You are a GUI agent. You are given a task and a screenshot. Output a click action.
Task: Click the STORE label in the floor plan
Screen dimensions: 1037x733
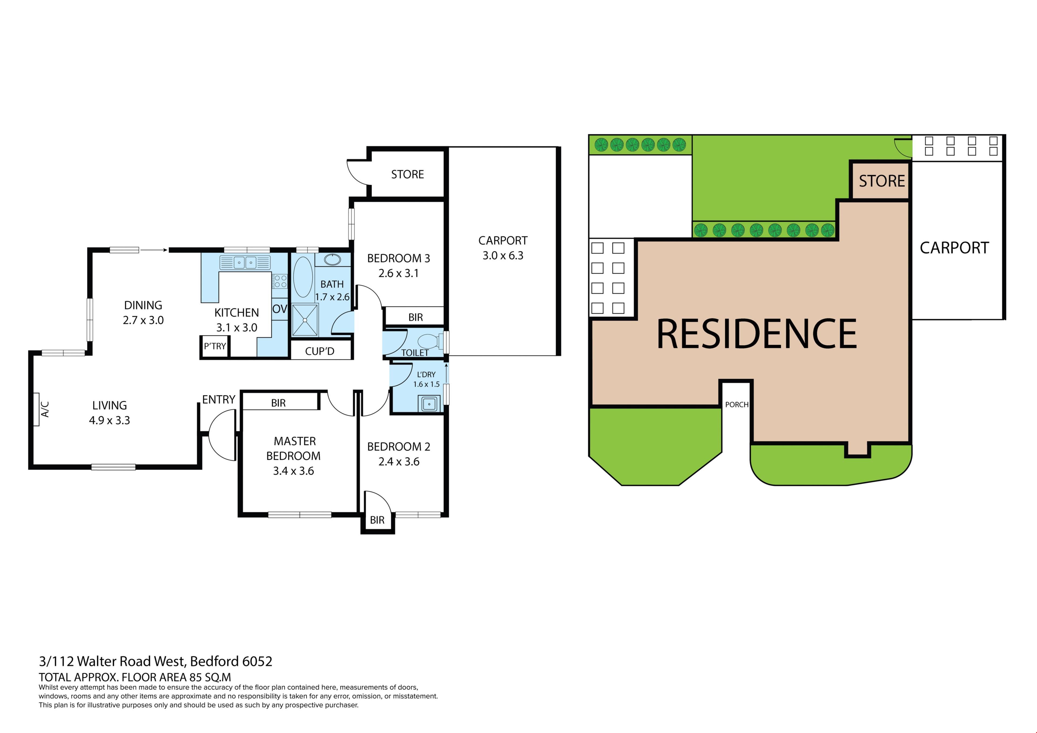(408, 174)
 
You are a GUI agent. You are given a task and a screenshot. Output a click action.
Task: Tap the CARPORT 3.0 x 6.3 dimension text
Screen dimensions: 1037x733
(503, 255)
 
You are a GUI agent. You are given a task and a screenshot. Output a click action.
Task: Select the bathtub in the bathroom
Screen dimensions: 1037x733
(303, 277)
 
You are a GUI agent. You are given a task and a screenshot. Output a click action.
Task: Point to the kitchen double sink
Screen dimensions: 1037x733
(245, 263)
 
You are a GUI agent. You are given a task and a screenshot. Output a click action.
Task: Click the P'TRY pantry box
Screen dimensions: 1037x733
(214, 347)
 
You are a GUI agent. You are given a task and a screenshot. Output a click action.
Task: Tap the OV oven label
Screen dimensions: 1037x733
(280, 309)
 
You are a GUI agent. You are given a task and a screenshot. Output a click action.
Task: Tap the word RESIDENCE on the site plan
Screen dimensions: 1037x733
(756, 334)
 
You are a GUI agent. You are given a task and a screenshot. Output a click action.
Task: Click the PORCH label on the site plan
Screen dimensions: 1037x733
(737, 405)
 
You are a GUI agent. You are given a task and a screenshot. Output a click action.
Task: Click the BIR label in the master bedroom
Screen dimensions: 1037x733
(278, 403)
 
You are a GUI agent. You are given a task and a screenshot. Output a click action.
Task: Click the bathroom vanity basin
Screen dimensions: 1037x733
(333, 260)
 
